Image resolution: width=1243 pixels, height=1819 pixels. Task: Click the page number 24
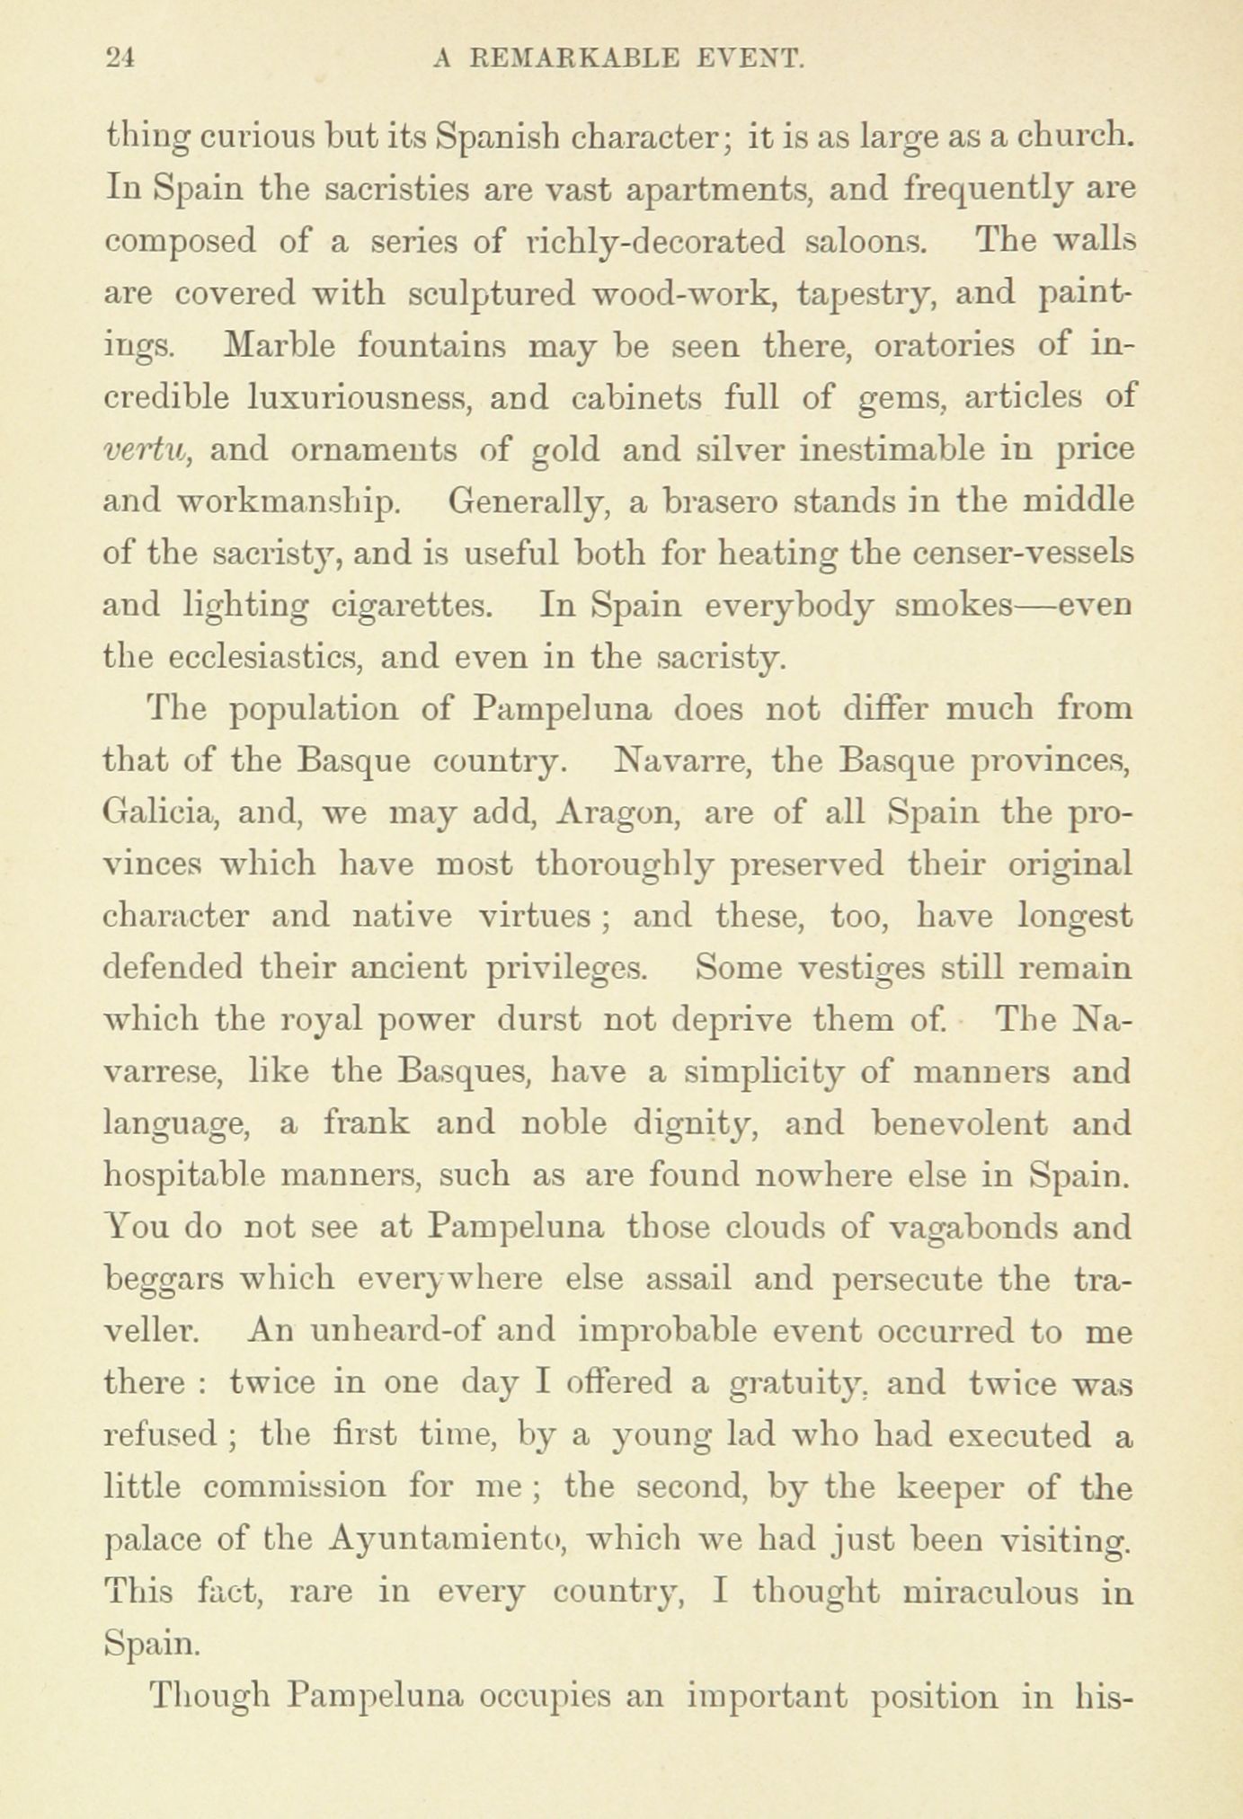click(x=120, y=59)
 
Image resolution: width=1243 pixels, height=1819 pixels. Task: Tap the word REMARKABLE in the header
click(x=573, y=59)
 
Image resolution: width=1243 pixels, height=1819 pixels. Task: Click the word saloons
click(x=864, y=241)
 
